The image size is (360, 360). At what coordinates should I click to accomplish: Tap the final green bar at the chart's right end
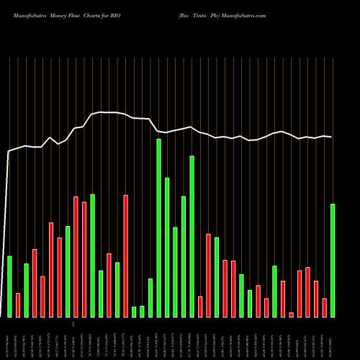point(333,260)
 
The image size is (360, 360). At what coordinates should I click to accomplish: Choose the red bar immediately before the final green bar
point(324,307)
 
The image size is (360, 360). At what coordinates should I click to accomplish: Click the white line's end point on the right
point(332,137)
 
